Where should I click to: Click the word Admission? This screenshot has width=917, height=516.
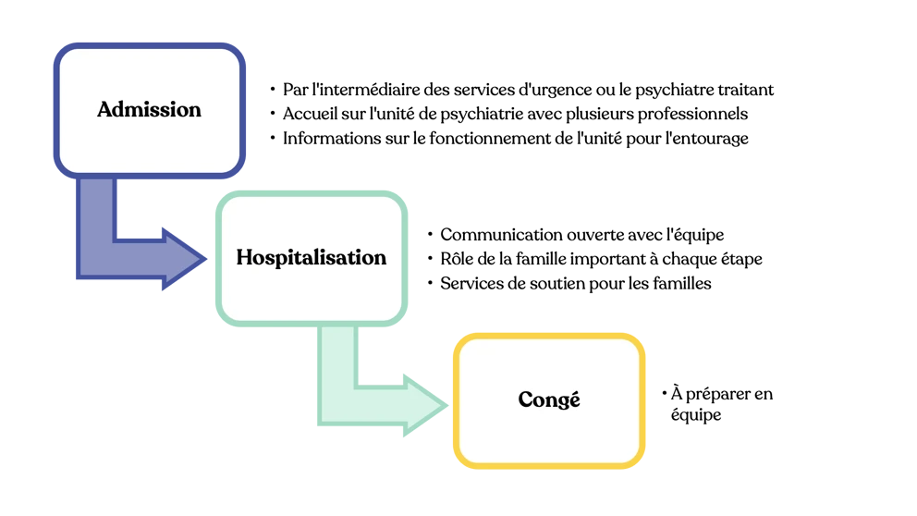pyautogui.click(x=149, y=109)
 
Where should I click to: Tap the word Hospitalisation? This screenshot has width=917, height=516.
pyautogui.click(x=311, y=257)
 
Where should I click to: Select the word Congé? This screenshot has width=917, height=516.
pyautogui.click(x=549, y=399)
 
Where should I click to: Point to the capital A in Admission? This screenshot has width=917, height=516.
pyautogui.click(x=104, y=109)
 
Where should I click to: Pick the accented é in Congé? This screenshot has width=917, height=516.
pyautogui.click(x=574, y=399)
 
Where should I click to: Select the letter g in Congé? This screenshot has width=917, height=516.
pyautogui.click(x=561, y=402)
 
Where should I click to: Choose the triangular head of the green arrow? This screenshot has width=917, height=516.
pyautogui.click(x=424, y=405)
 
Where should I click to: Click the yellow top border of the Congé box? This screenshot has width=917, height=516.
pyautogui.click(x=549, y=337)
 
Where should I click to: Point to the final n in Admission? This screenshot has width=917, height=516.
pyautogui.click(x=194, y=110)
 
